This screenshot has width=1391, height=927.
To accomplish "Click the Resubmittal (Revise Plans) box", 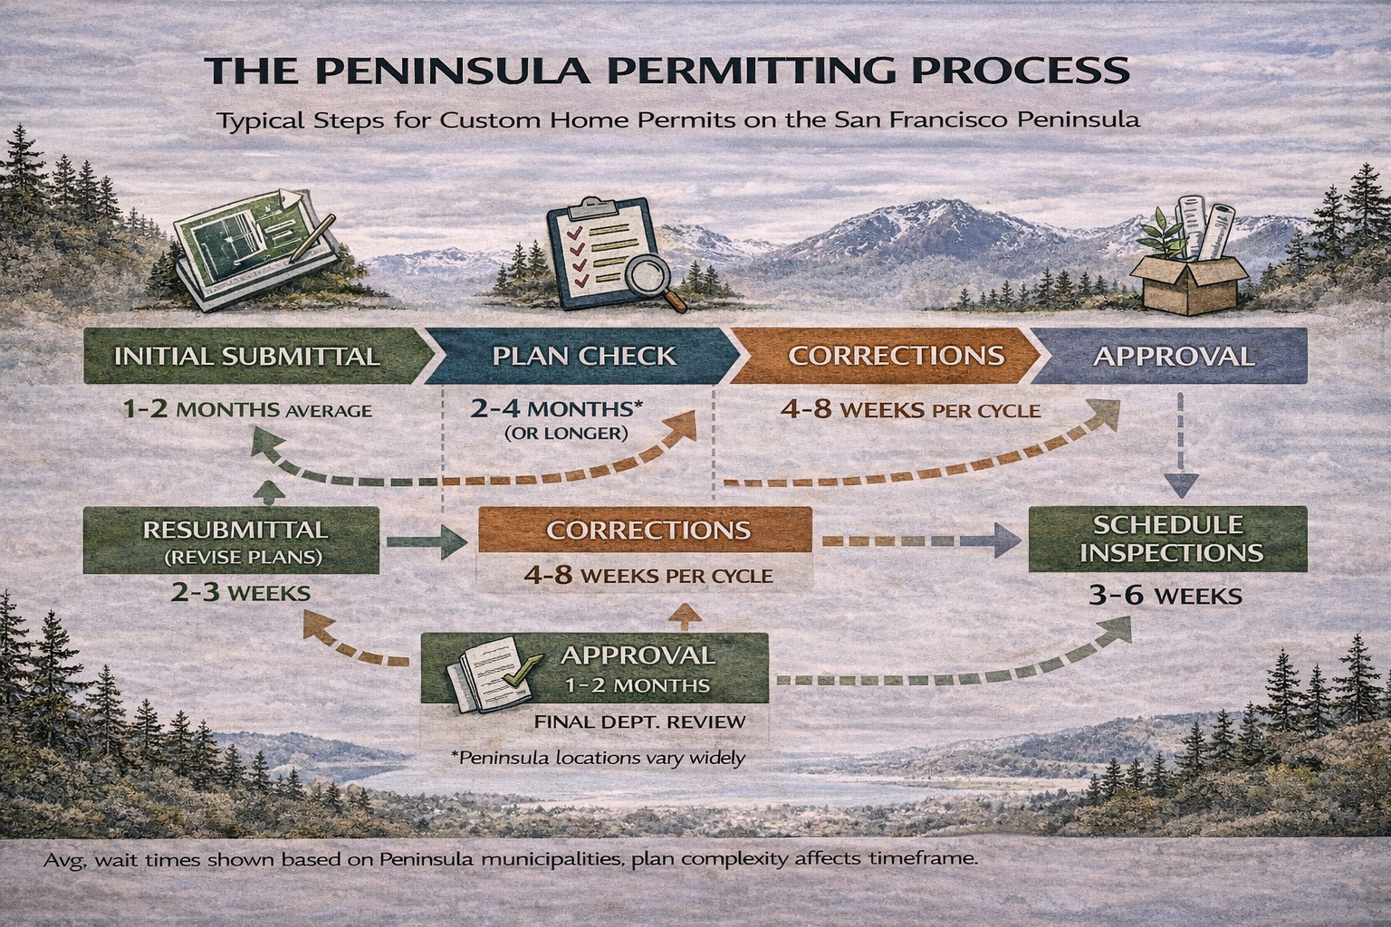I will pyautogui.click(x=232, y=540).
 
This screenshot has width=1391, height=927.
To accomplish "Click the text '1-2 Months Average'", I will pyautogui.click(x=247, y=410).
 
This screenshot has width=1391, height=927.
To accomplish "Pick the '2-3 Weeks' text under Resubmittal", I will pyautogui.click(x=240, y=594).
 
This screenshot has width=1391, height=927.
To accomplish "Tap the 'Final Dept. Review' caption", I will pyautogui.click(x=640, y=722).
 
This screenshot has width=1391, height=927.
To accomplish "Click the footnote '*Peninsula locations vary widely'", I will pyautogui.click(x=598, y=757).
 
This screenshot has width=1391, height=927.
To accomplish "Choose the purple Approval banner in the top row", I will pyautogui.click(x=1173, y=356).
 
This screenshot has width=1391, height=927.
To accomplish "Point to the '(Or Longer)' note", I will pyautogui.click(x=565, y=434).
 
